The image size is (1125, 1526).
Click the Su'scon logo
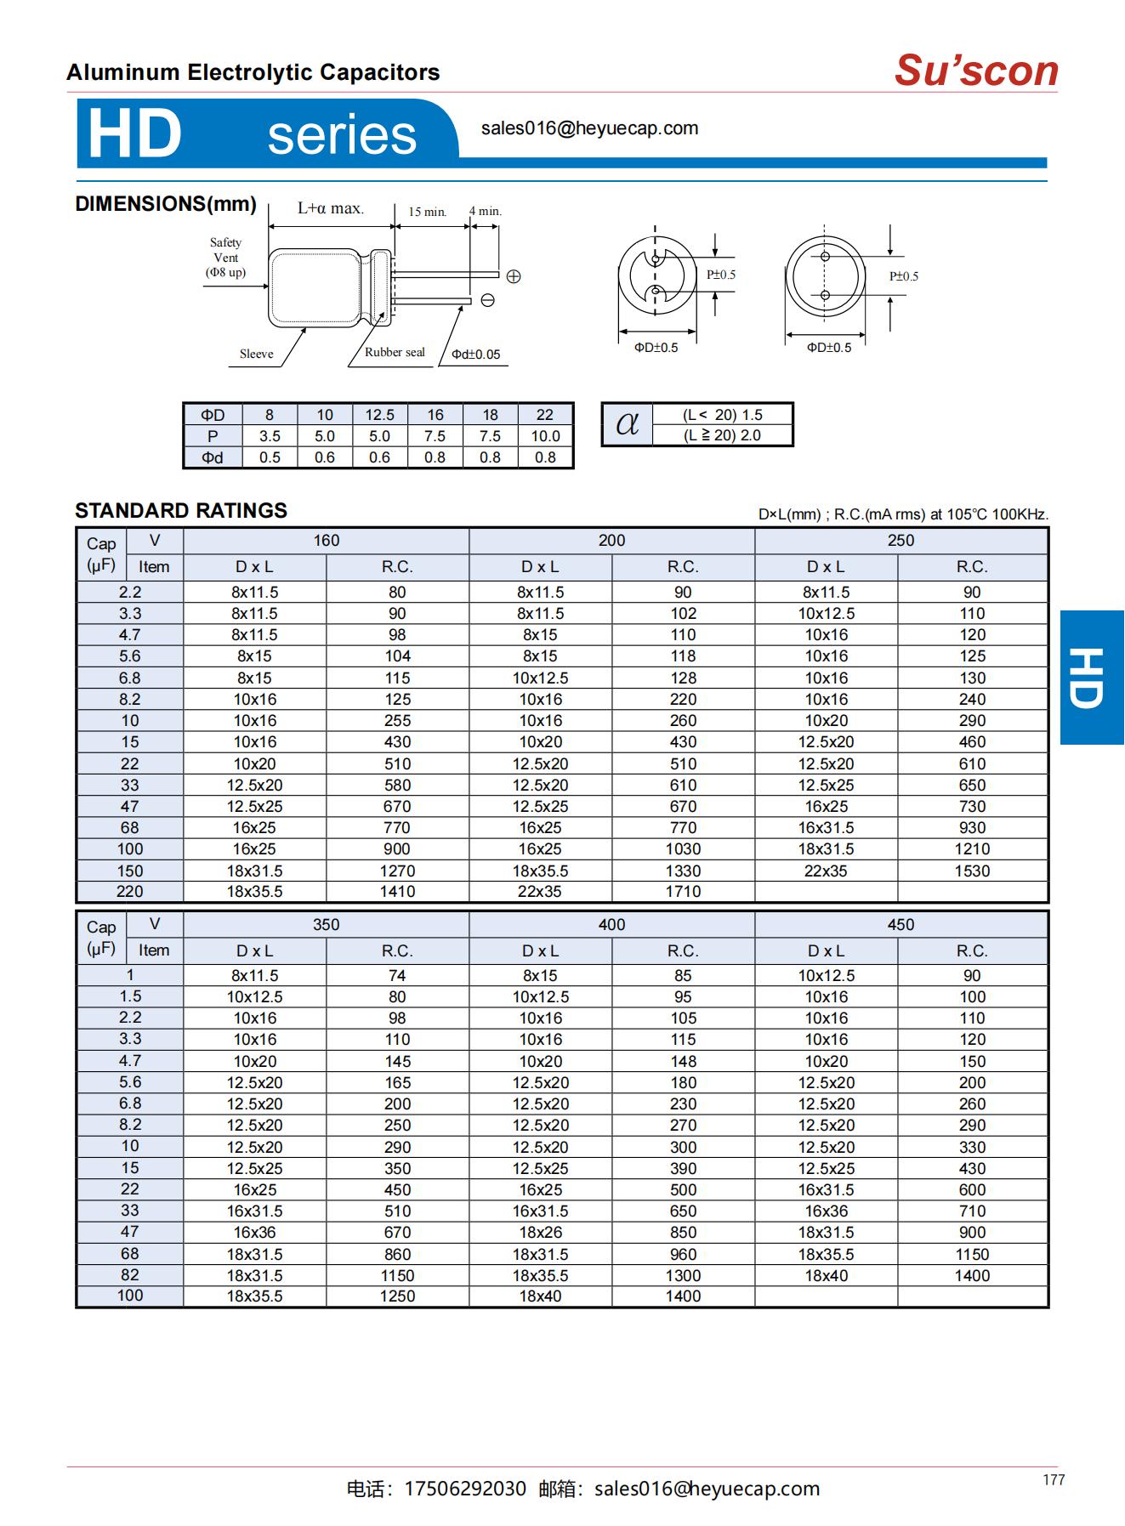[x=976, y=71]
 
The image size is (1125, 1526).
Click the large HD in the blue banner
[x=134, y=134]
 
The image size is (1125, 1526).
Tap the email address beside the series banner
[x=589, y=128]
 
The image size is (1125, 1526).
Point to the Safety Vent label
[x=225, y=257]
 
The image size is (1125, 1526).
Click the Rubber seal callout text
[x=395, y=352]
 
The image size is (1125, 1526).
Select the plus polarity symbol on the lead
[x=513, y=276]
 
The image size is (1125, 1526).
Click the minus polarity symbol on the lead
[x=488, y=300]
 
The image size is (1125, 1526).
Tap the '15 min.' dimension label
[x=427, y=212]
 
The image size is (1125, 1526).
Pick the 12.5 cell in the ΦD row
[x=379, y=415]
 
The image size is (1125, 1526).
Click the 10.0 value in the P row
[x=545, y=436]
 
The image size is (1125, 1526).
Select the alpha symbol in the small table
[x=627, y=423]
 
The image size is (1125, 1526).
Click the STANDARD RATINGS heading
[x=181, y=511]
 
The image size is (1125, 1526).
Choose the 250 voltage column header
[x=901, y=541]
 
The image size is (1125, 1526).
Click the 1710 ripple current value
[x=683, y=892]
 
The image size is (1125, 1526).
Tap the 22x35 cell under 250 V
[x=826, y=871]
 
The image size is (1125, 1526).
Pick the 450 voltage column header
[x=901, y=925]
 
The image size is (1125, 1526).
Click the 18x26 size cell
[x=540, y=1233]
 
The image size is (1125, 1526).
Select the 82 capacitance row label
[x=130, y=1275]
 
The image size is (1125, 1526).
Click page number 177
[x=1054, y=1480]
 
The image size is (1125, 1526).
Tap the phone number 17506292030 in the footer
[x=465, y=1489]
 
